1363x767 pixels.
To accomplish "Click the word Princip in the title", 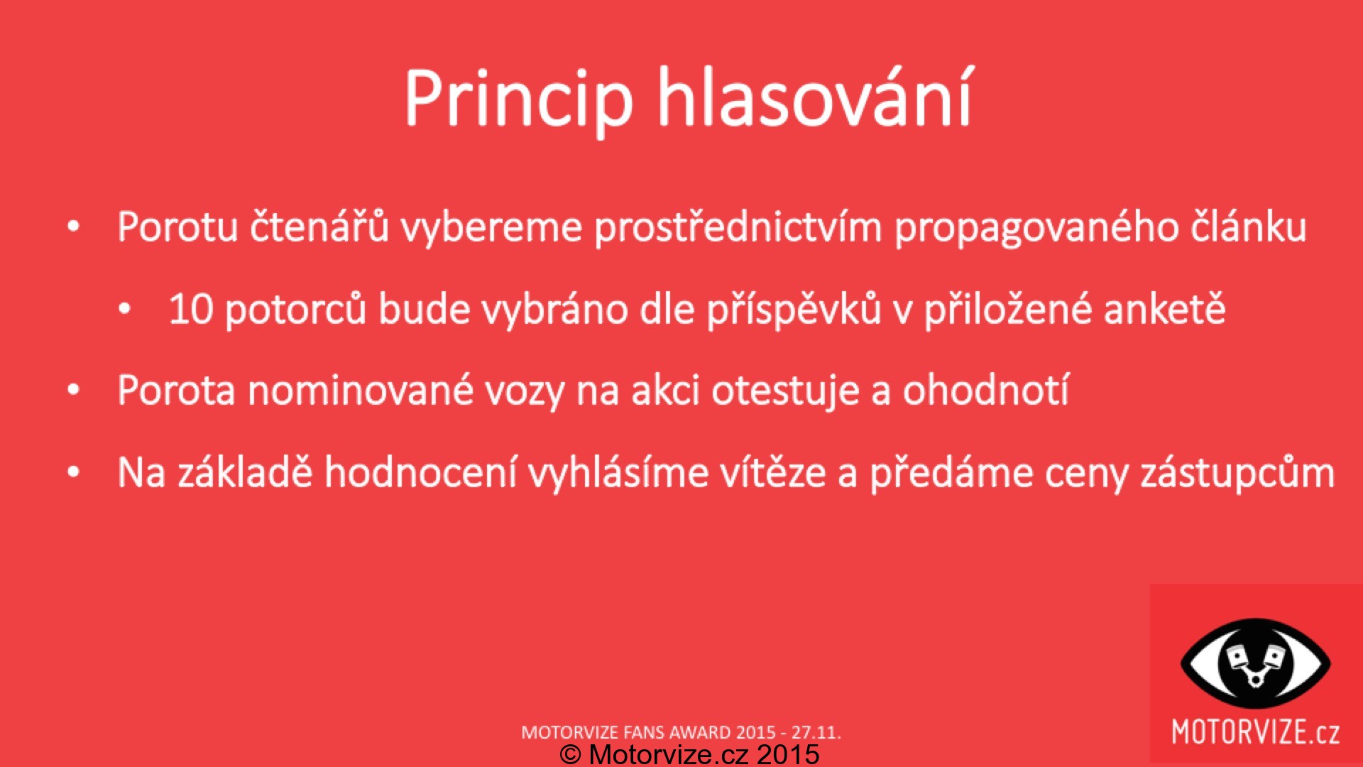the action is point(518,99).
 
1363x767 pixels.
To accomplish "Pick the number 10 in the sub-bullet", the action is point(191,310).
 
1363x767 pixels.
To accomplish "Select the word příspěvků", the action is point(794,310).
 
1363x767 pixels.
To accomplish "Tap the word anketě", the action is point(1164,309).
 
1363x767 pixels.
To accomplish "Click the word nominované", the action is point(360,391).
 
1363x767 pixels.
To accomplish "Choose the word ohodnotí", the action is point(985,390).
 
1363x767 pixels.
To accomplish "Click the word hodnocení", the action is point(420,473).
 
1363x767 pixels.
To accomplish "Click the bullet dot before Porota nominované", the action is point(73,391).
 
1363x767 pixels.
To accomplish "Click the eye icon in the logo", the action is point(1255,663).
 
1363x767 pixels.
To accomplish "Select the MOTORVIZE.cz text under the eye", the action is point(1255,732).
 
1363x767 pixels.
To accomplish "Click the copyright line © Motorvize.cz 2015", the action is point(689,754).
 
